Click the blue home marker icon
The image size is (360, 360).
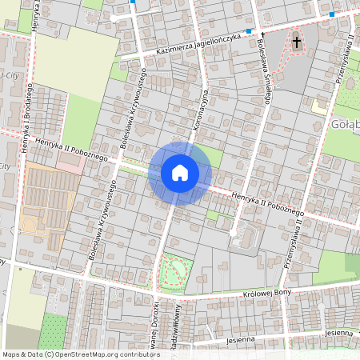pos(179,173)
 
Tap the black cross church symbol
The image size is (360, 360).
pos(297,41)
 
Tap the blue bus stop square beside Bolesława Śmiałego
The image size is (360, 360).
pos(250,31)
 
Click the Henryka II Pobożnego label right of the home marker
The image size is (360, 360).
pos(268,204)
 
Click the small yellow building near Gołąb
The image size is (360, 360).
pos(319,105)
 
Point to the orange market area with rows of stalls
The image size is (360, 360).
pos(44,208)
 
